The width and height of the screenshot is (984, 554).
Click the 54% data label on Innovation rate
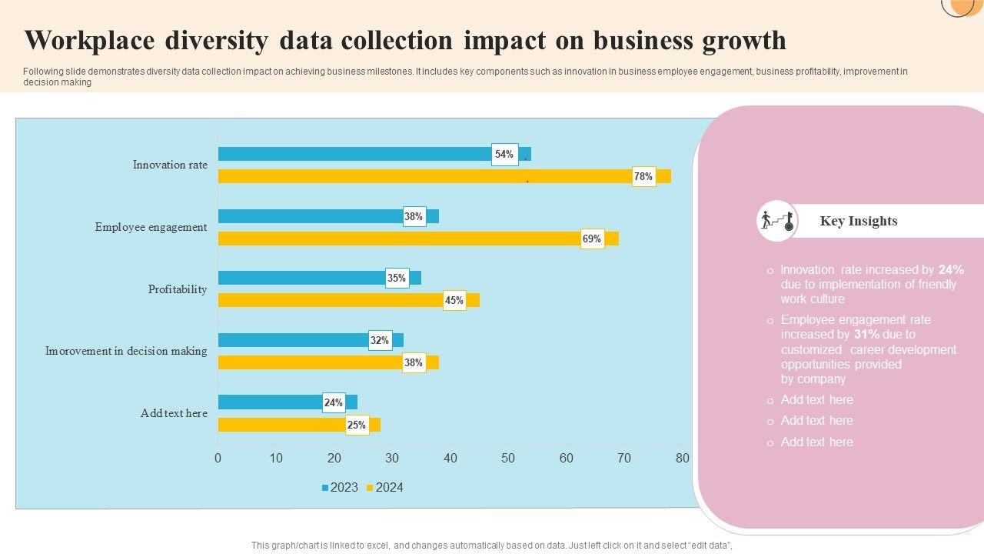coord(504,155)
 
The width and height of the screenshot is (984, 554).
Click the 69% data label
coord(592,239)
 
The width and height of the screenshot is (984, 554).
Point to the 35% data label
coord(397,279)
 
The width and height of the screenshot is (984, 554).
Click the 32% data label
coord(380,340)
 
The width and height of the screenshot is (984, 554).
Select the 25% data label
coord(357,425)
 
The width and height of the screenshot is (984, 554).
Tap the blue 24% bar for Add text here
coord(269,402)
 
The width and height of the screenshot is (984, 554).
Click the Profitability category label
coord(178,289)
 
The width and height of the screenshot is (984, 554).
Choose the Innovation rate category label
coord(170,165)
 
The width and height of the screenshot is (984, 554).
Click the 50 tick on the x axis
coord(508,459)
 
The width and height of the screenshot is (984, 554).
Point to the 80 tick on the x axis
coord(682,459)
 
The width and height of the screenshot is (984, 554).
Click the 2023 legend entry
coord(340,487)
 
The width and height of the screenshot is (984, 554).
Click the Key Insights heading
coord(859,221)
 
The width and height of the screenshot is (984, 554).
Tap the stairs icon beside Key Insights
coord(776,221)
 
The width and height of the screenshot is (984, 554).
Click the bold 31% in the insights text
coord(866,335)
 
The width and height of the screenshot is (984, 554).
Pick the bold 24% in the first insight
coord(951,270)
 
